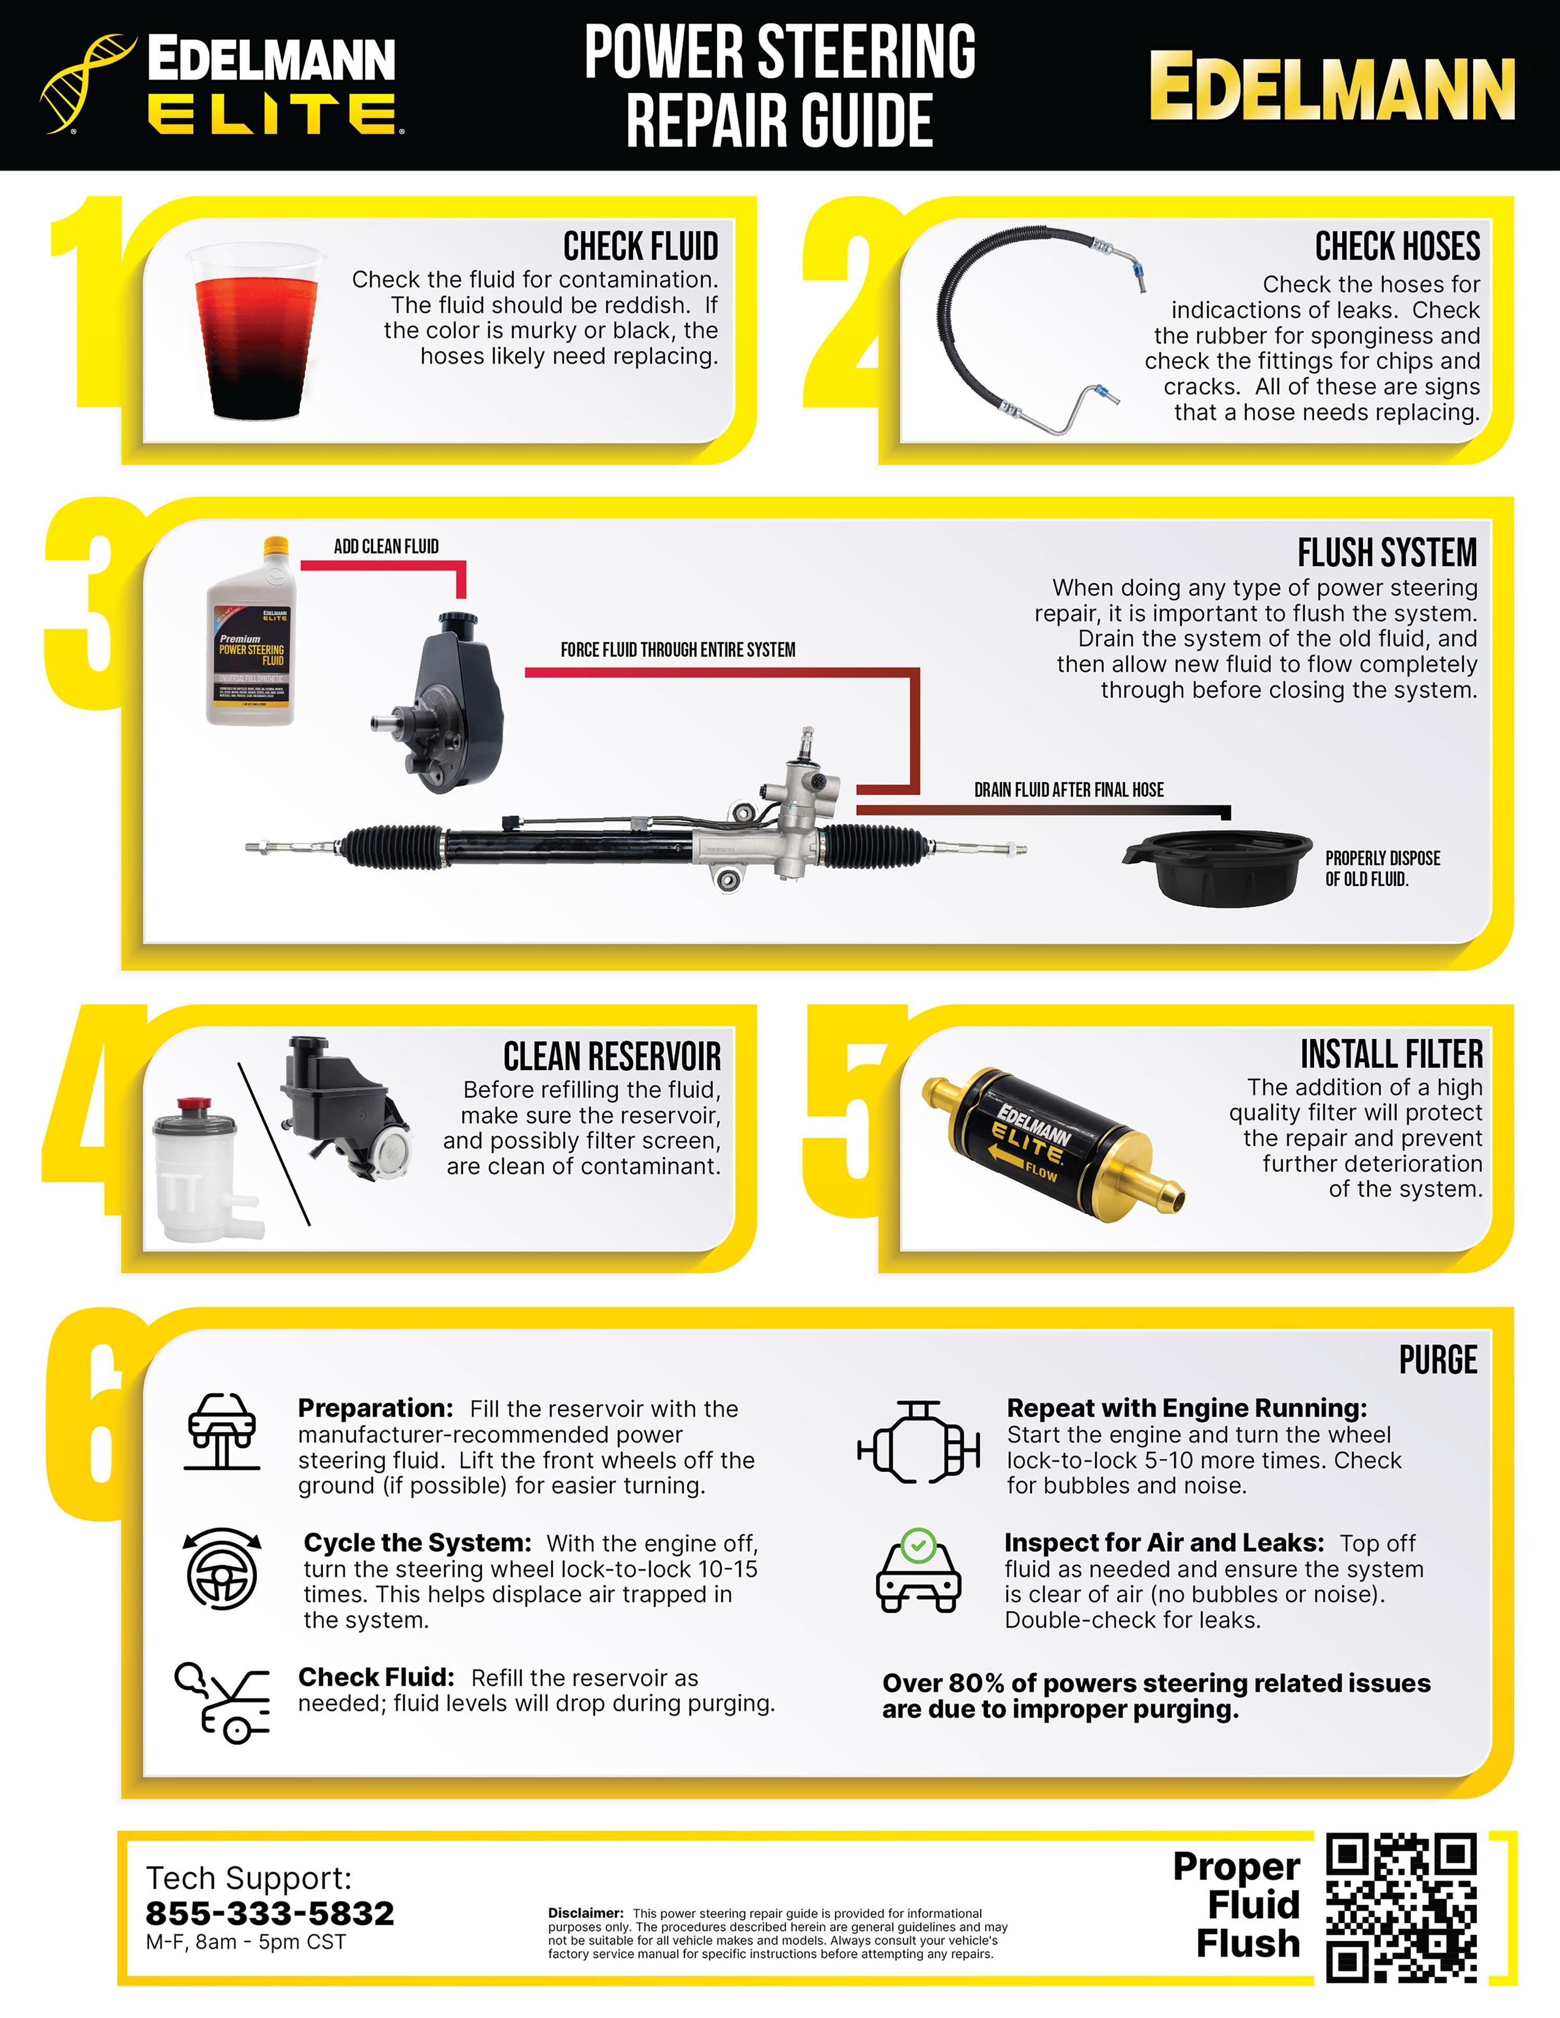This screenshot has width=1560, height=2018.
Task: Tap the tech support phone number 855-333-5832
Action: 270,1912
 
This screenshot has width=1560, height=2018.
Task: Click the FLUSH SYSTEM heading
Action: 1386,553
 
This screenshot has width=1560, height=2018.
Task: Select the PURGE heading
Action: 1437,1360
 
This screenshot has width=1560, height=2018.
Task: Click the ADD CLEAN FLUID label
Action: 386,546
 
